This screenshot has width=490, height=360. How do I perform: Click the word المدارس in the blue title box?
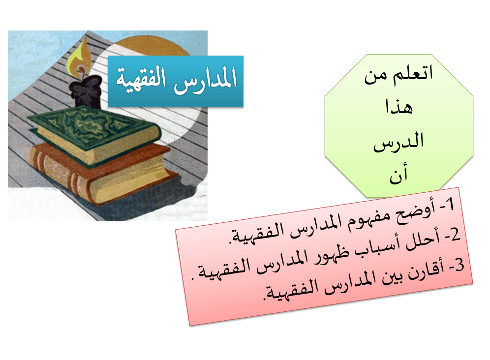[x=205, y=80]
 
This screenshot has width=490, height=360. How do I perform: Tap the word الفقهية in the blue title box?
[x=141, y=79]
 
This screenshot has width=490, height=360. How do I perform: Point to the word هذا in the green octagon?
[x=399, y=107]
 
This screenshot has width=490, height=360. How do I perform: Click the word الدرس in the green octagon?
[x=398, y=143]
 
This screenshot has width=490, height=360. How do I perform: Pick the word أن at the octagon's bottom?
[x=398, y=174]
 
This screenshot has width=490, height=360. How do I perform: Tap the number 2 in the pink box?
[x=455, y=235]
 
